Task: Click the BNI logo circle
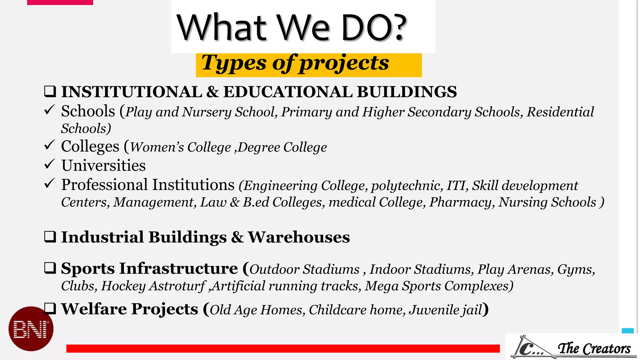31,329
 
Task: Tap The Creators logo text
594,348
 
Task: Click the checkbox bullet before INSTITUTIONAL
50,92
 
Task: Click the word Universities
103,165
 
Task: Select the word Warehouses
299,237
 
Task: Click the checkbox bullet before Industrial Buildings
50,237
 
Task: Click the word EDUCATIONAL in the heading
288,92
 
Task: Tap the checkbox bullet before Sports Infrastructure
50,268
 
